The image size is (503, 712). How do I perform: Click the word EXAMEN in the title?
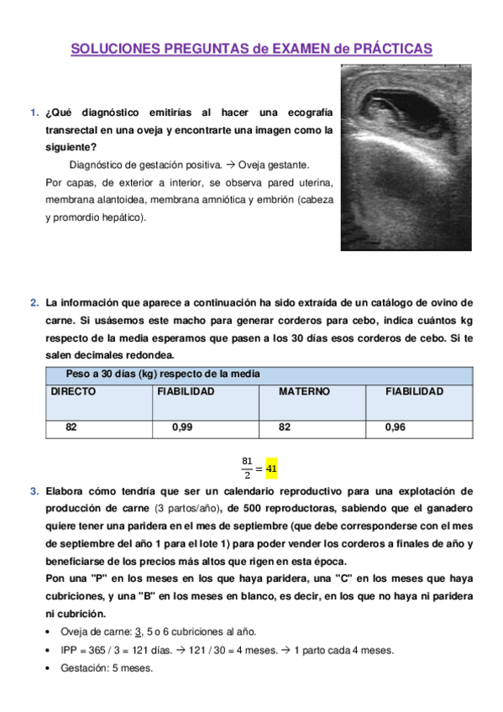pos(292,50)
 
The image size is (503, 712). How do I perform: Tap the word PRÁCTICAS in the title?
pos(391,50)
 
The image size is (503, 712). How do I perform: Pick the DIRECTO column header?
pos(73,392)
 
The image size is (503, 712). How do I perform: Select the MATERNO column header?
pos(304,392)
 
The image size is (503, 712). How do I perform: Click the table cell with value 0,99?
pos(182,427)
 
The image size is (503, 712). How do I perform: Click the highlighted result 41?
pos(270,468)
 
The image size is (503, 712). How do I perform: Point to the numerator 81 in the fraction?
pos(247,460)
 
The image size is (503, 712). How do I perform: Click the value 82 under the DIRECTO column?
pos(71,427)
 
